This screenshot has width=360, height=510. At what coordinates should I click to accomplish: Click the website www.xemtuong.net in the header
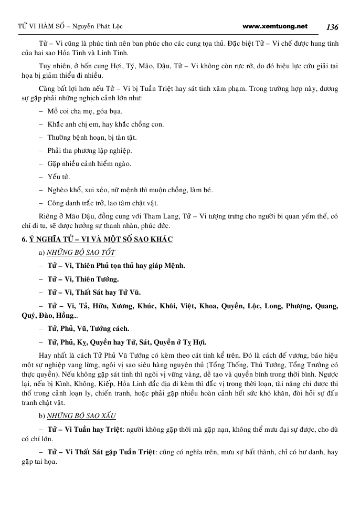point(276,26)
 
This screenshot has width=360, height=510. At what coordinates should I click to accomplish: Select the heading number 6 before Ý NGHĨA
point(17,240)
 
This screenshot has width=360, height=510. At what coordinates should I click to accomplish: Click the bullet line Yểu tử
point(58,176)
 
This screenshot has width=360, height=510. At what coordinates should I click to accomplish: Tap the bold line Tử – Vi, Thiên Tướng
point(83,278)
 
